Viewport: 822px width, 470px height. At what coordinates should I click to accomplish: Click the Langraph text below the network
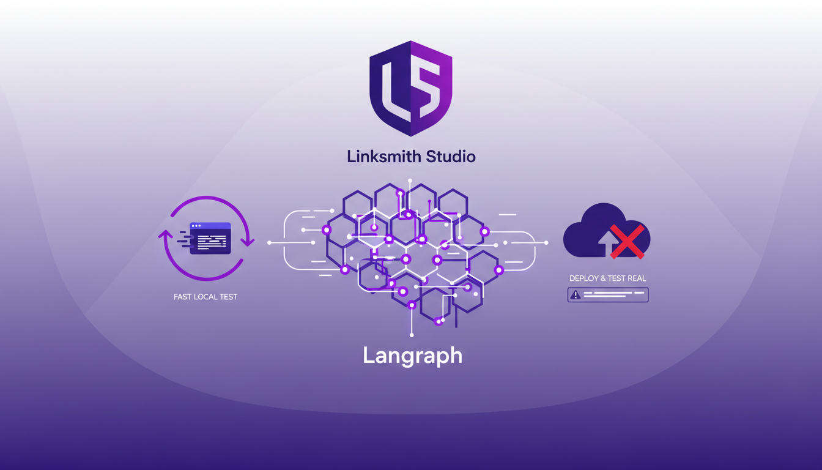412,356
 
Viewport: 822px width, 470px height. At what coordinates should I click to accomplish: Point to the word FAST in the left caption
183,297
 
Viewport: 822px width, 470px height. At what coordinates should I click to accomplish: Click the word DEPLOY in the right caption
584,278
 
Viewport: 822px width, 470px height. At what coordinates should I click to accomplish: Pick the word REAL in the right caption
636,278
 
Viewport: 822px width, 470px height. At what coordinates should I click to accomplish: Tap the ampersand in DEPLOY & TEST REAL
603,278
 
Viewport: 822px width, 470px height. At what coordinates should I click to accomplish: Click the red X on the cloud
628,241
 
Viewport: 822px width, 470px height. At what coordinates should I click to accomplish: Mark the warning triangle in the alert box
575,295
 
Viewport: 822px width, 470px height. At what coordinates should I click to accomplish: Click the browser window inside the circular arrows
210,238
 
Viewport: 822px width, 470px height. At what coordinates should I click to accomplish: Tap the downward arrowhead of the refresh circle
248,242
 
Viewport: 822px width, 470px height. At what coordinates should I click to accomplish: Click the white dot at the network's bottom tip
412,335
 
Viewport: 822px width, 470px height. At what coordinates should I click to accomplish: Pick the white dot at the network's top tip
410,181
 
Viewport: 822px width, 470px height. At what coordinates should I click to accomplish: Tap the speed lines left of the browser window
183,238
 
